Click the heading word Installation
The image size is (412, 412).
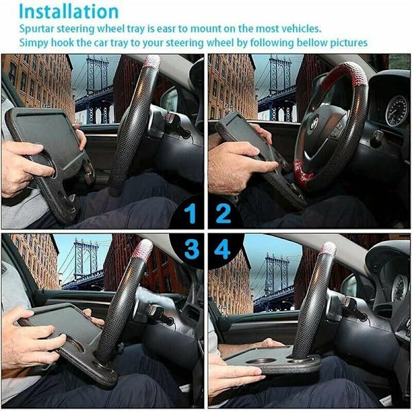[69, 12]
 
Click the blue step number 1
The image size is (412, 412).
[190, 214]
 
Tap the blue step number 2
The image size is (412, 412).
[223, 214]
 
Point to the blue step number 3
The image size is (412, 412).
[192, 249]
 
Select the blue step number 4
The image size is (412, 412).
[222, 249]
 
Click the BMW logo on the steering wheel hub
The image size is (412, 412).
[314, 124]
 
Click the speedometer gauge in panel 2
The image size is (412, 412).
[396, 111]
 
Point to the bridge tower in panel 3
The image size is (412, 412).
[85, 260]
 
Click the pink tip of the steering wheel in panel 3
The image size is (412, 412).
[143, 249]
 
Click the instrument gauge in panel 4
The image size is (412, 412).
[400, 288]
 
